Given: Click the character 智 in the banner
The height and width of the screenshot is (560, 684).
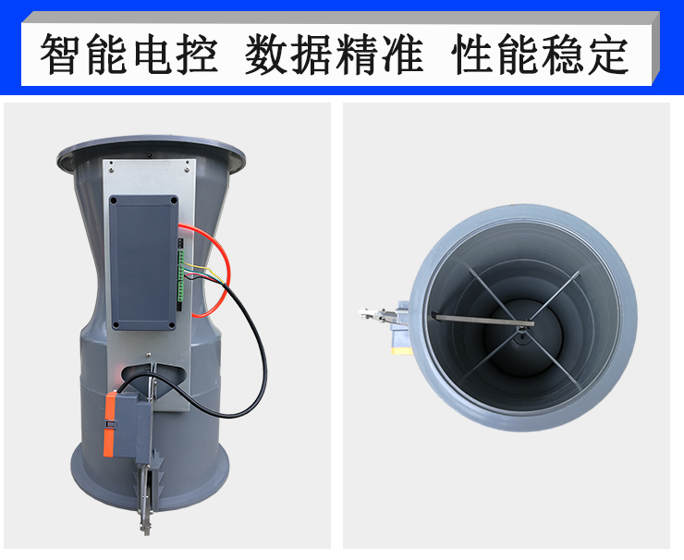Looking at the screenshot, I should (62, 55).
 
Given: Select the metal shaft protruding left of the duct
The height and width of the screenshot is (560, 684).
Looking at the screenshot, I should (370, 316).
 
